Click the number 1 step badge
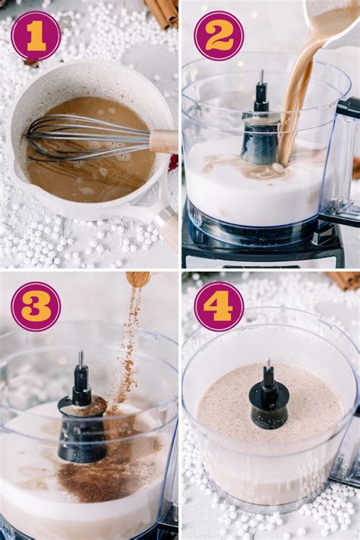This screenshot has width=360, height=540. [x=36, y=36]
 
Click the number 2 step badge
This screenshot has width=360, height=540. [x=219, y=36]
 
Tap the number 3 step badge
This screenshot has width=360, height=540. [x=36, y=306]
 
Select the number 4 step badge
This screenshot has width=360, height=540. [x=219, y=306]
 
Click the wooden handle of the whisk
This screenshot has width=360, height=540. [x=163, y=141]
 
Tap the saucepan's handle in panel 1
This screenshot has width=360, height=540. [x=163, y=220]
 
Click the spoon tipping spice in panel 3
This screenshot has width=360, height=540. [x=137, y=279]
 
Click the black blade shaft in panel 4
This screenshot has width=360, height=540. [x=269, y=399]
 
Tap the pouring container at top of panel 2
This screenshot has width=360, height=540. [x=334, y=19]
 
